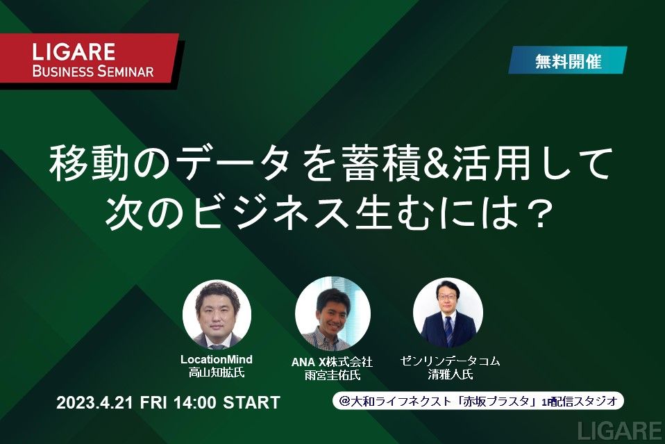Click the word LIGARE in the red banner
pyautogui.click(x=74, y=52)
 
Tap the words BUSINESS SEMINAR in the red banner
pyautogui.click(x=93, y=72)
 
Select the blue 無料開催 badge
pyautogui.click(x=568, y=60)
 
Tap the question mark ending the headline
pyautogui.click(x=540, y=215)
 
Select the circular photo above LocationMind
pyautogui.click(x=217, y=314)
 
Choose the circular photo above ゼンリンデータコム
pyautogui.click(x=448, y=313)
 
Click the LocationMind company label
pyautogui.click(x=217, y=359)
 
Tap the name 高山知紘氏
pyautogui.click(x=217, y=373)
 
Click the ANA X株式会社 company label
pyautogui.click(x=332, y=362)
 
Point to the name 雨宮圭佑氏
pyautogui.click(x=332, y=375)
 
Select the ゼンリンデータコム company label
pyautogui.click(x=450, y=361)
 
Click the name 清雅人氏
pyautogui.click(x=450, y=375)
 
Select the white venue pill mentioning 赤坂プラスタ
pyautogui.click(x=478, y=401)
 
